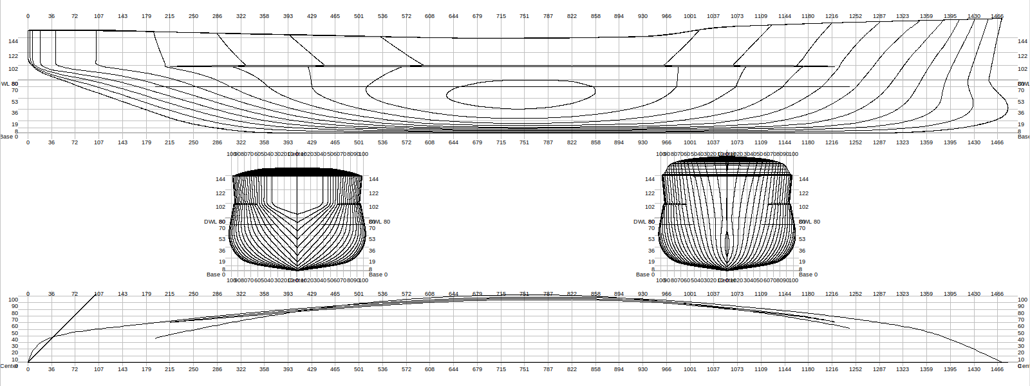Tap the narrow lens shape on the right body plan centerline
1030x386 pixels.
click(727, 245)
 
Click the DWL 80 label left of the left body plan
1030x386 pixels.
click(214, 222)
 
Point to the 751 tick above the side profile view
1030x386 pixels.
click(525, 16)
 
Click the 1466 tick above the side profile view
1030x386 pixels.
click(997, 16)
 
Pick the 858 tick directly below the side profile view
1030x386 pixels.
click(595, 142)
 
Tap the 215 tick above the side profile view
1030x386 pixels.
click(169, 16)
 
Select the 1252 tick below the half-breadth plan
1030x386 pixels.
click(855, 369)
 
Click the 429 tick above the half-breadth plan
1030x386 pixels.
click(312, 294)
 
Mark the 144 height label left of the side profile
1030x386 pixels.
click(14, 41)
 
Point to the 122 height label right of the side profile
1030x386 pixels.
click(1022, 56)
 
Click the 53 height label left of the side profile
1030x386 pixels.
click(15, 102)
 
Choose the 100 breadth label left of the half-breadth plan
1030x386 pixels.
click(13, 300)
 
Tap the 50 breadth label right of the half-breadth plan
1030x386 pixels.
click(1021, 333)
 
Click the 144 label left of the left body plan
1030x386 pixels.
click(221, 179)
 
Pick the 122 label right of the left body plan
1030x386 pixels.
click(373, 193)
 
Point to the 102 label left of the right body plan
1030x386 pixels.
click(650, 207)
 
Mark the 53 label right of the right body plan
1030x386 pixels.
click(802, 239)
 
